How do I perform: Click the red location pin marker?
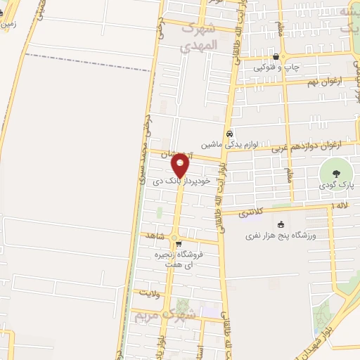tap(180, 166)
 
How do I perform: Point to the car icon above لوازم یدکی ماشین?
tap(229, 134)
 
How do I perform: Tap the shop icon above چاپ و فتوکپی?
tap(276, 58)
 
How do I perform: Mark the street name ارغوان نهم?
tap(325, 82)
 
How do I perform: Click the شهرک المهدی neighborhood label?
tap(202, 37)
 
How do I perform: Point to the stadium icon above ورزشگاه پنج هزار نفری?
tap(281, 224)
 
